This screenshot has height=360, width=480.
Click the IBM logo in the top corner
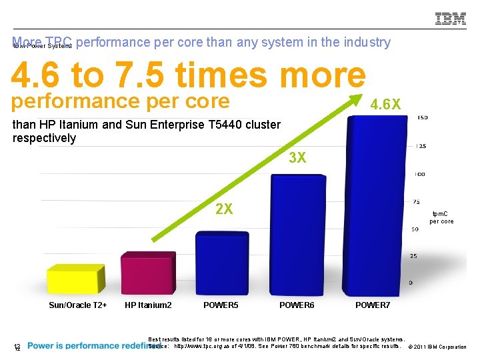[450, 19]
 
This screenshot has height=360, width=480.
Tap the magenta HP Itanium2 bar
[147, 272]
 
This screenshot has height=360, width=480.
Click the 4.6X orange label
[385, 105]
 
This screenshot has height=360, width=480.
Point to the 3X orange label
[297, 158]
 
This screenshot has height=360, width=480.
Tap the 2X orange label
[224, 209]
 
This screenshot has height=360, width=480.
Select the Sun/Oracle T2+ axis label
[78, 305]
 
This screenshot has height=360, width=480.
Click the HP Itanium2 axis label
[148, 305]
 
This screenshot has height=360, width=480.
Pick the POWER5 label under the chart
[221, 305]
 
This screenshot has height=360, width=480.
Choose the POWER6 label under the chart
[297, 305]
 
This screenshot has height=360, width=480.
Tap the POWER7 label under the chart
[373, 305]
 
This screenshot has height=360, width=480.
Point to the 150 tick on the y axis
[421, 118]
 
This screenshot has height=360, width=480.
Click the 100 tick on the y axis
[420, 174]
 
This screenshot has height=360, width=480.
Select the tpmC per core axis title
[441, 217]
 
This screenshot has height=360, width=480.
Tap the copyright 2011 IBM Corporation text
[437, 347]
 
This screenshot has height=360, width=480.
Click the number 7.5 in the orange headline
[143, 76]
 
